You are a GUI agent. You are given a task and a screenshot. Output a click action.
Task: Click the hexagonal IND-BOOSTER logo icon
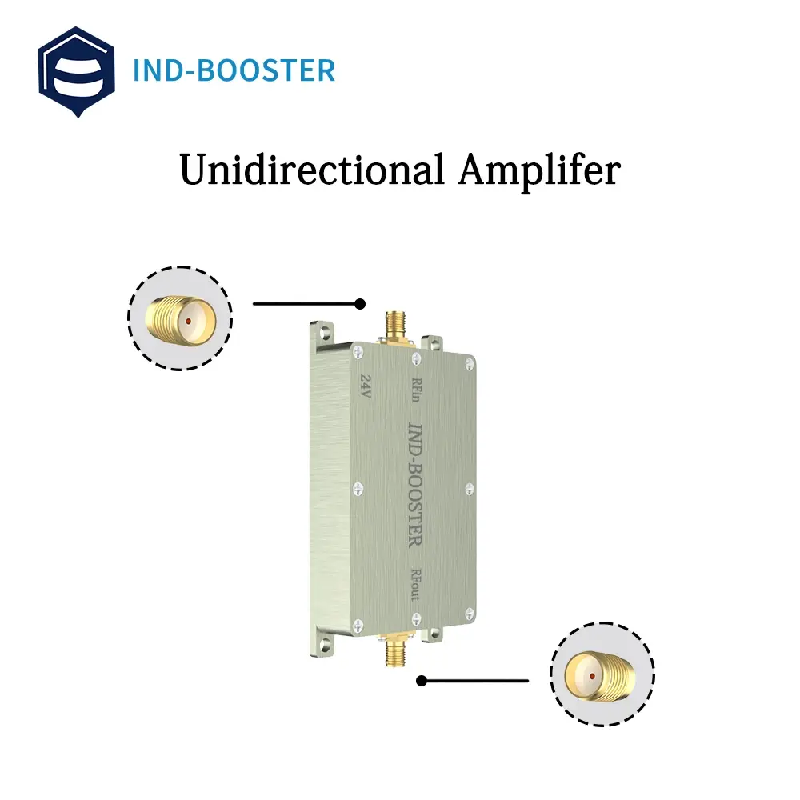click(x=76, y=71)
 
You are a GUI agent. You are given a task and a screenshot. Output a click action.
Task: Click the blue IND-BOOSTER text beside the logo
click(x=234, y=71)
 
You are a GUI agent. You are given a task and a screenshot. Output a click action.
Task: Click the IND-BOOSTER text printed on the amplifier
click(x=415, y=483)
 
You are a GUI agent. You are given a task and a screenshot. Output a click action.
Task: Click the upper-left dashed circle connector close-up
click(x=180, y=318)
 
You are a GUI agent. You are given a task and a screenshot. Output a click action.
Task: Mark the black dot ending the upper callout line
click(x=360, y=304)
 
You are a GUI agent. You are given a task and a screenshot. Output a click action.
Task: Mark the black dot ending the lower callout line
click(x=422, y=681)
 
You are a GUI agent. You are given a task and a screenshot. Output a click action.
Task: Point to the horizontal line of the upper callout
click(x=304, y=304)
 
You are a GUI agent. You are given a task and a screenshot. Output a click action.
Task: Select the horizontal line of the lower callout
click(x=476, y=681)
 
